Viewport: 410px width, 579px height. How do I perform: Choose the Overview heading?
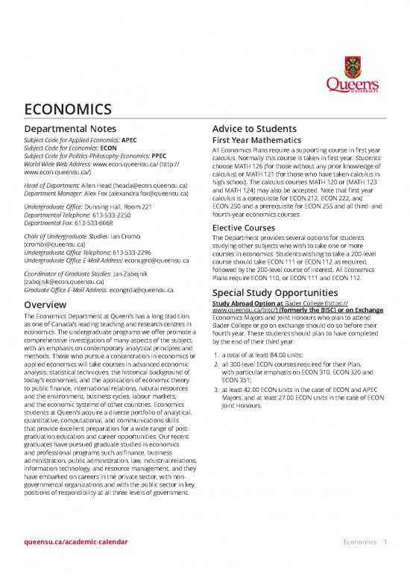point(48,304)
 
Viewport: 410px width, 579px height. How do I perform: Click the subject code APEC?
point(129,139)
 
